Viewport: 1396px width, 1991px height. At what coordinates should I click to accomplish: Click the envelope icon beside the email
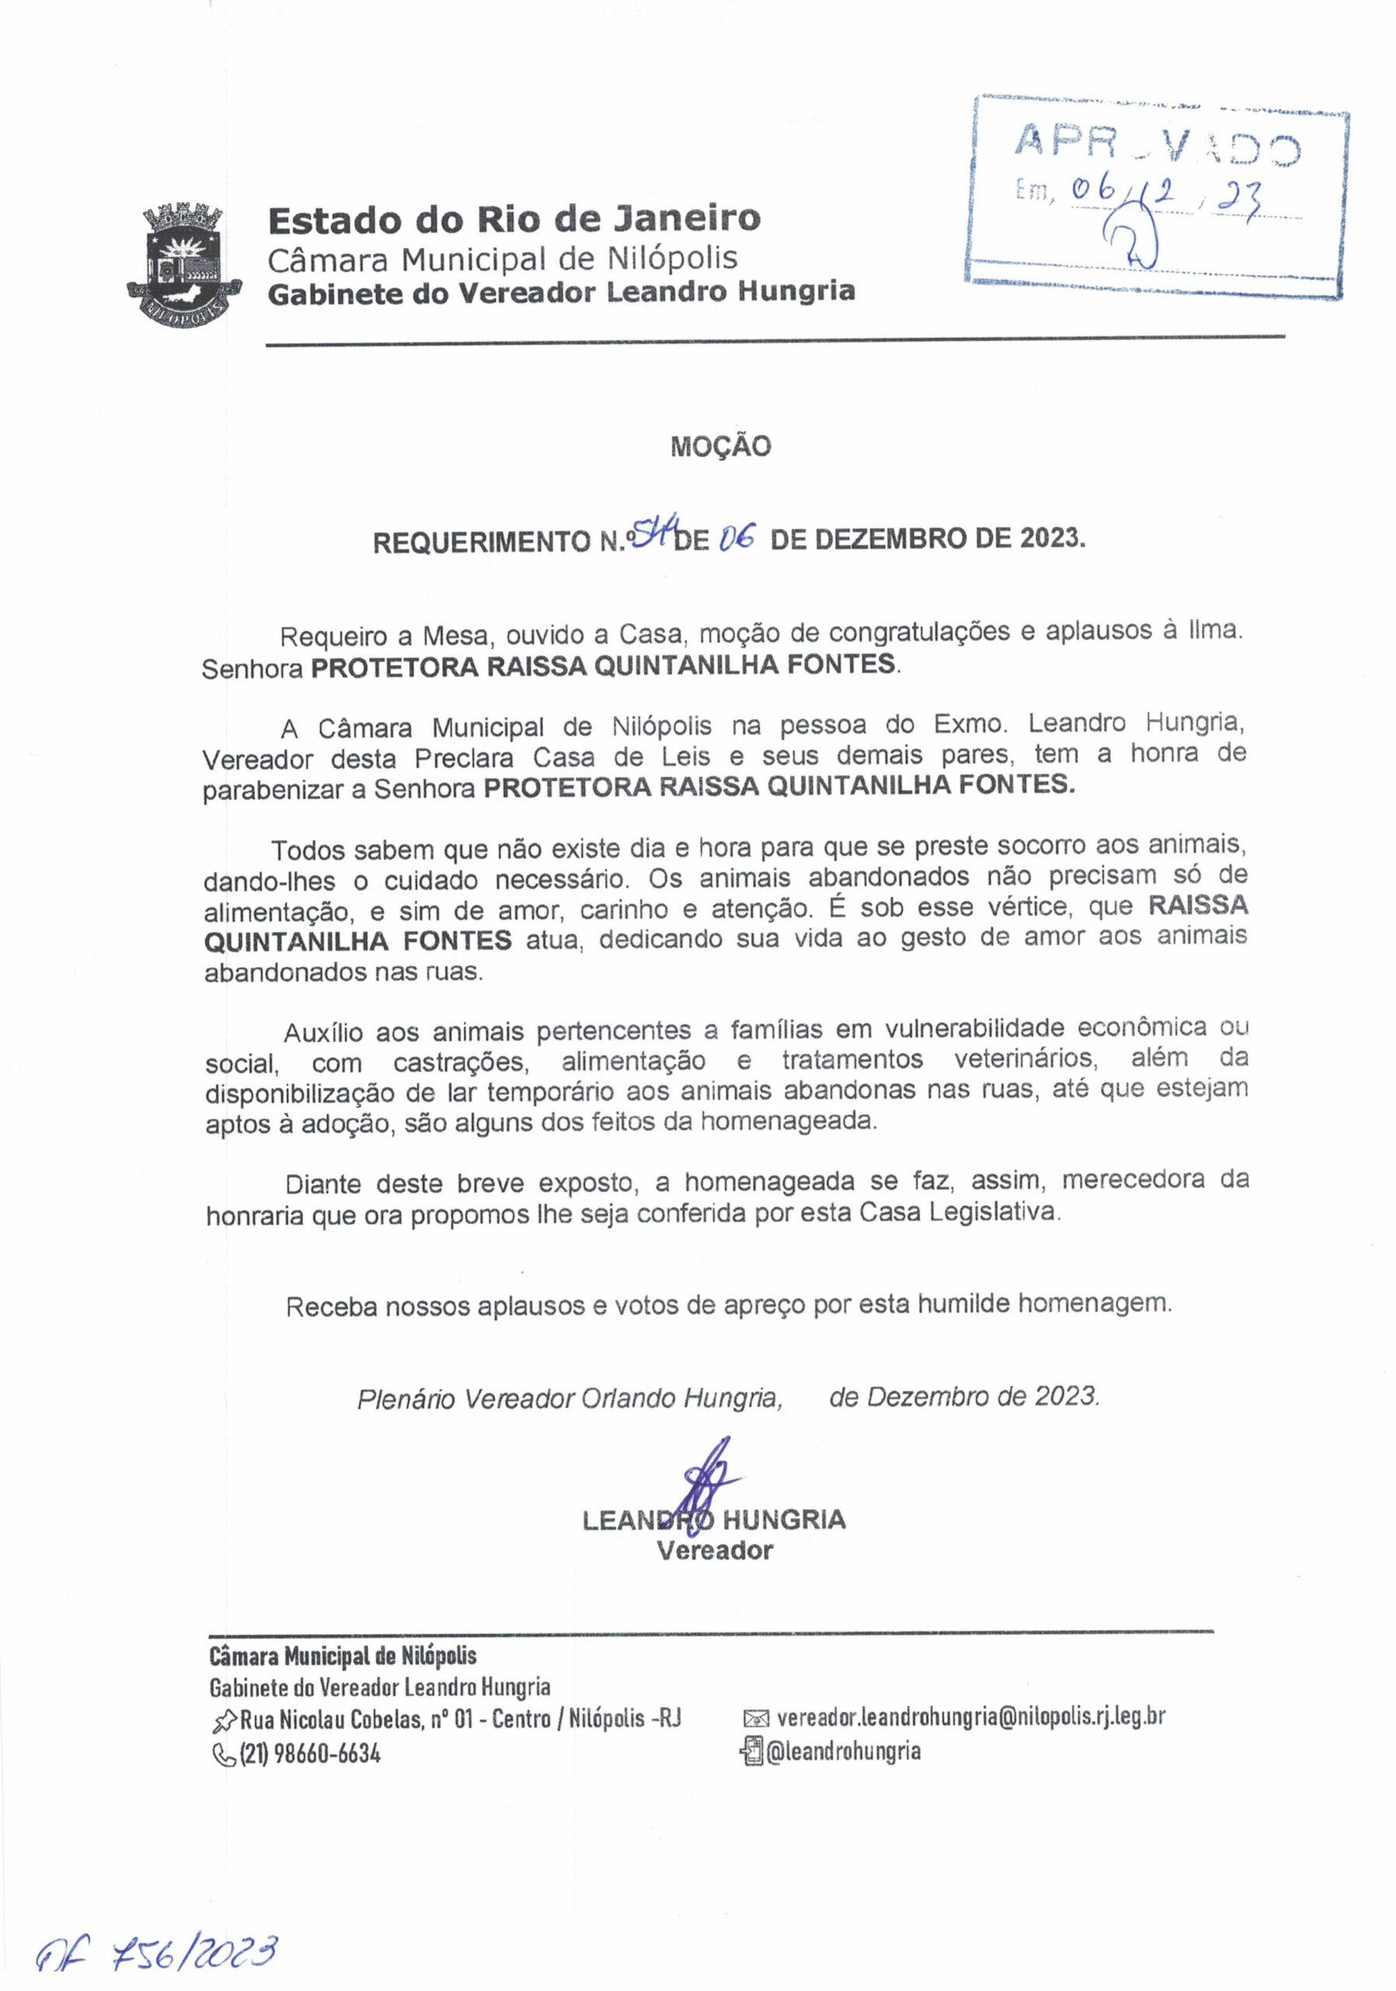click(756, 1719)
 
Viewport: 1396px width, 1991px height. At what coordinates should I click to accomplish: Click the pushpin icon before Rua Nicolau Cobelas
click(223, 1719)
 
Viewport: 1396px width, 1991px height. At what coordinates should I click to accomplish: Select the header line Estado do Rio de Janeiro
click(514, 219)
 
